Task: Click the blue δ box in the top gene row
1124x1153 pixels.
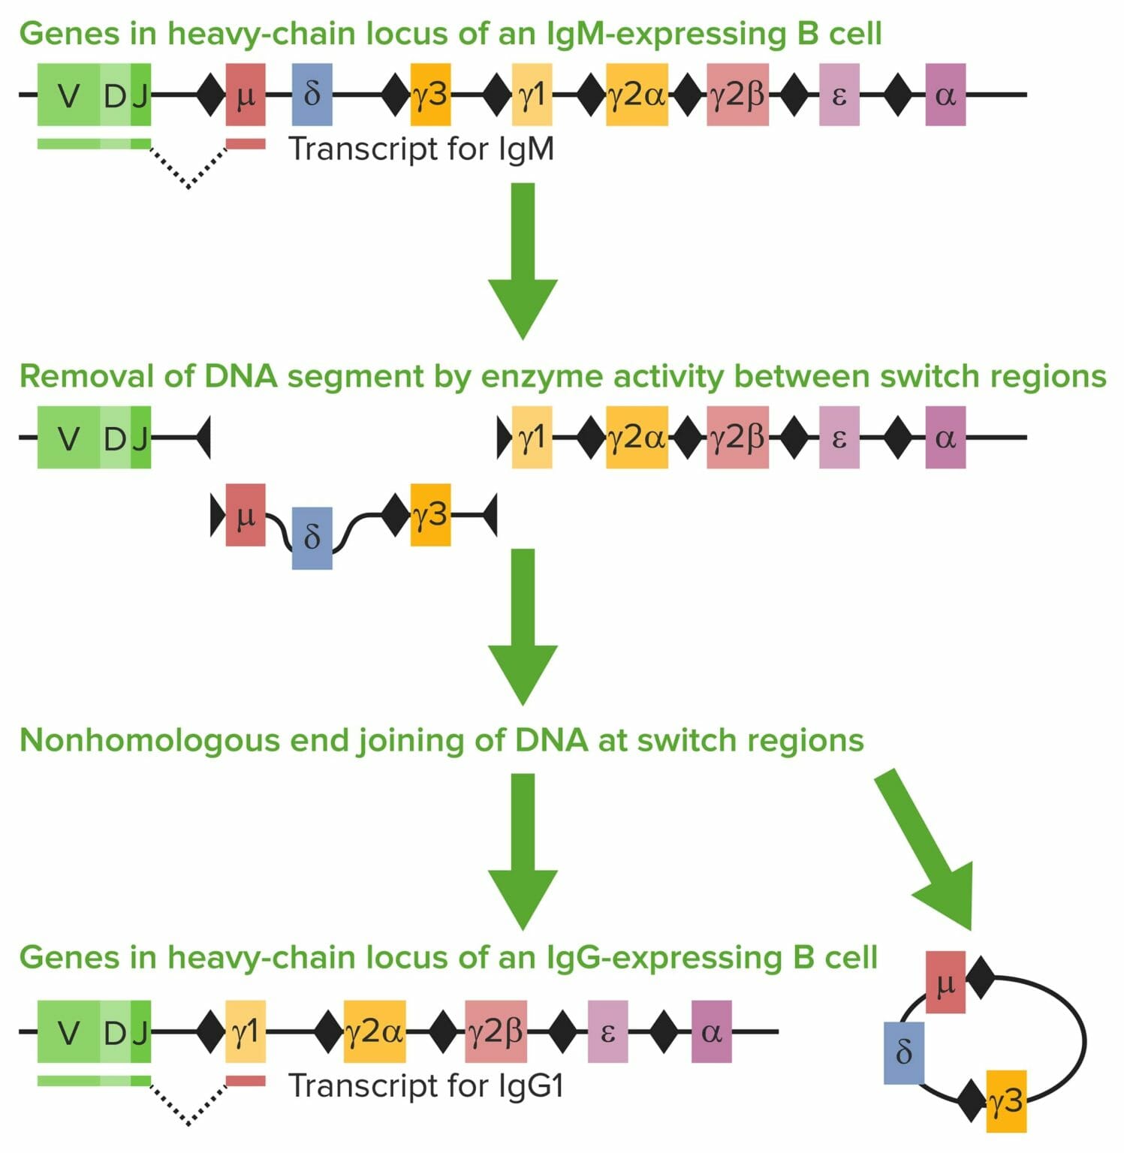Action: pos(312,95)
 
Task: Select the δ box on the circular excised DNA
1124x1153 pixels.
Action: pos(903,1052)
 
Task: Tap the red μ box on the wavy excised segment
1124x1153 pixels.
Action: pos(246,515)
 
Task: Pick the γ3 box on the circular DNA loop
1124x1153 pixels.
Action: pos(1005,1100)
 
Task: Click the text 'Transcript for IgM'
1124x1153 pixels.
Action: pos(421,149)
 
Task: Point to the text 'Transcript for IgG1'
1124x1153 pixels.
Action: pos(426,1085)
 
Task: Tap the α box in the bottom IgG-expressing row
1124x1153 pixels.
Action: pos(711,1031)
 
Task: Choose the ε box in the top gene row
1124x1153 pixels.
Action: pos(839,95)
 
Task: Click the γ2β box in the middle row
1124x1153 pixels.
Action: pos(737,438)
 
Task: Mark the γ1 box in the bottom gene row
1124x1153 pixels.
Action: pos(246,1031)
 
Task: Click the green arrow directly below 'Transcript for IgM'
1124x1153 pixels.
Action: pos(523,259)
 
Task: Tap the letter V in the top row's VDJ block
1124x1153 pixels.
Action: pos(68,95)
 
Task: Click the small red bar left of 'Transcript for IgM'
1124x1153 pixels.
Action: pos(246,143)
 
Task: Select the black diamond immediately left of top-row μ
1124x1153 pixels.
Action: pos(211,95)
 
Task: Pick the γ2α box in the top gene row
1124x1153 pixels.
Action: pos(637,95)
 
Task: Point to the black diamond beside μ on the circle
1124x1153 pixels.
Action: pos(980,977)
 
